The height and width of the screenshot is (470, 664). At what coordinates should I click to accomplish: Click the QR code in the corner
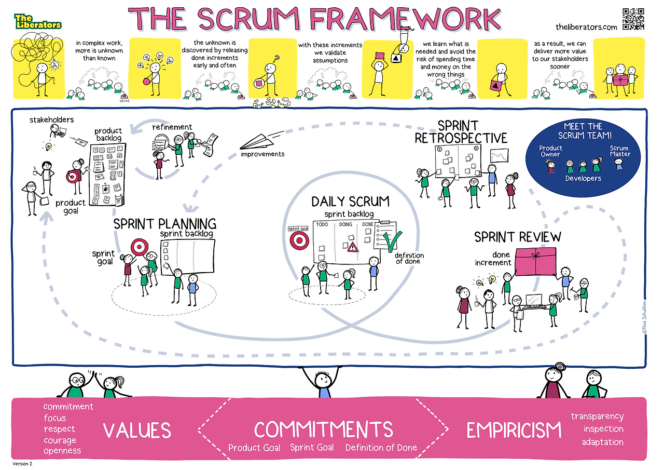point(633,19)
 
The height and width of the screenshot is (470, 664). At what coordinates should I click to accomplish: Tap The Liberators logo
point(37,21)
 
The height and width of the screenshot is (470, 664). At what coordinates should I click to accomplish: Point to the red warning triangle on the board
point(353,247)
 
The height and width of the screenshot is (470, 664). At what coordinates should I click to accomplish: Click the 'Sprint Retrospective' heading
point(461,132)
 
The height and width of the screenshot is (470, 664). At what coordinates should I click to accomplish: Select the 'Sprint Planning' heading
point(164,224)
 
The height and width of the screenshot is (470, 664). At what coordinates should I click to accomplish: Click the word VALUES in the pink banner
point(137,431)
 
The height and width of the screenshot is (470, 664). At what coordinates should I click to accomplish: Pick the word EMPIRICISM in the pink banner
point(514,431)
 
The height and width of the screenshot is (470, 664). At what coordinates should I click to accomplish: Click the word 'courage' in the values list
point(60,440)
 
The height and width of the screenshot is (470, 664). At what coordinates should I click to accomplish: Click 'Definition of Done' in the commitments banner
point(381,448)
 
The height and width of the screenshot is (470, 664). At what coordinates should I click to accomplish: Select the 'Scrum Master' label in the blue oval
point(620,151)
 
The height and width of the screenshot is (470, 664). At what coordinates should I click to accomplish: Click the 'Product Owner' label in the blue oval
point(550,151)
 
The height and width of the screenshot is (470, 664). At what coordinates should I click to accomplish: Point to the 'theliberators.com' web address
point(586,27)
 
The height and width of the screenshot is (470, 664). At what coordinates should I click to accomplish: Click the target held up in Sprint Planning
point(139,246)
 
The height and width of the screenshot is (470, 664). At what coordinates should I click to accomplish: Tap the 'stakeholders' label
point(51,119)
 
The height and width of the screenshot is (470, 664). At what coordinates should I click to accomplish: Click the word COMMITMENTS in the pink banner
point(323,429)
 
